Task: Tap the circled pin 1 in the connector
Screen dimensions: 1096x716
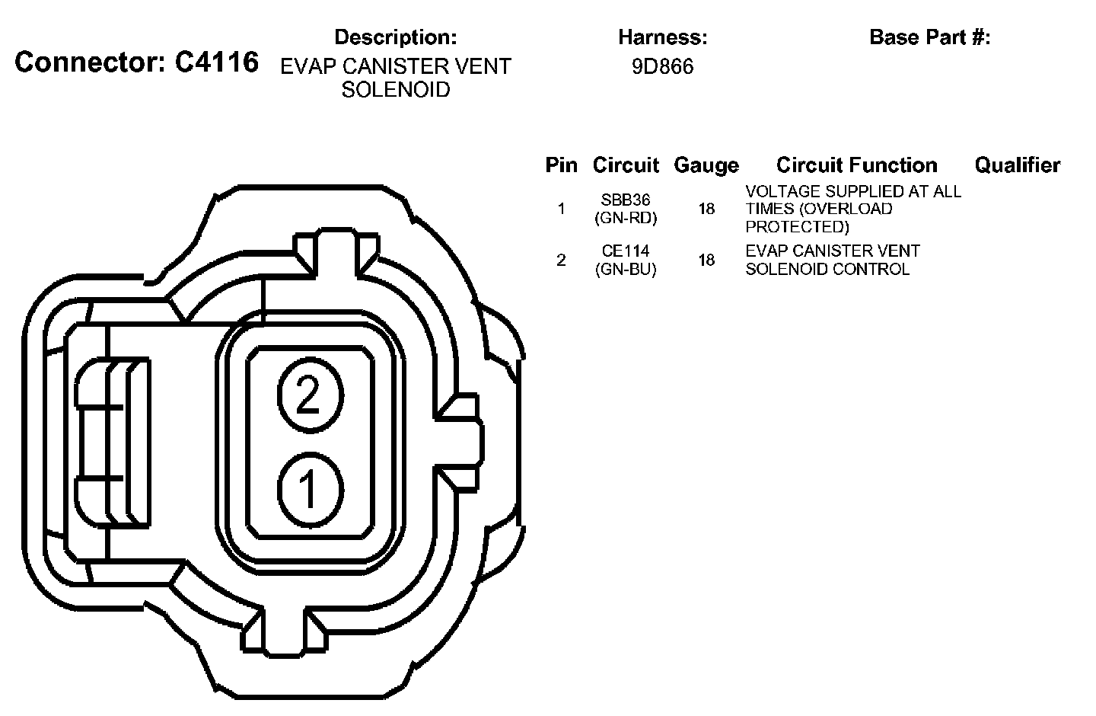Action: [x=311, y=489]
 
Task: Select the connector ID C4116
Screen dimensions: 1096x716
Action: [x=217, y=62]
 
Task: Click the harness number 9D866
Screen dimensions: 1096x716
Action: [x=662, y=66]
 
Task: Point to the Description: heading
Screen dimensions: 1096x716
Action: [x=395, y=37]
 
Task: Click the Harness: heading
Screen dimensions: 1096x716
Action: [x=662, y=37]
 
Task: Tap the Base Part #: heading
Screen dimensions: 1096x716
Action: [x=929, y=37]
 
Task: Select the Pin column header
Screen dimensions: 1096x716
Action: [x=561, y=165]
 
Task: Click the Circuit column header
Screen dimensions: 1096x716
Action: [x=626, y=165]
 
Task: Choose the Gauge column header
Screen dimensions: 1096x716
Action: [x=706, y=165]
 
